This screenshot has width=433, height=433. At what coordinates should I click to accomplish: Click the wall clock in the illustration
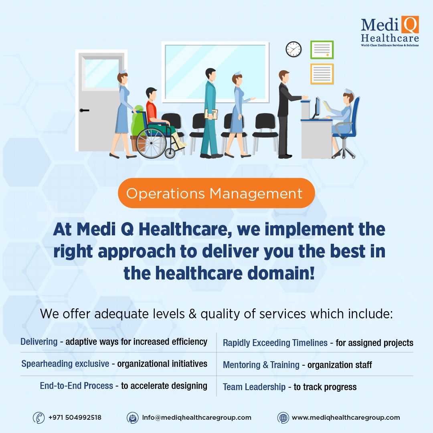pyautogui.click(x=293, y=49)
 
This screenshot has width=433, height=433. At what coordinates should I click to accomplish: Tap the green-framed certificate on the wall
pyautogui.click(x=322, y=50)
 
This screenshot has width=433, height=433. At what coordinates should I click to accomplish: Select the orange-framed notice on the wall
pyautogui.click(x=322, y=74)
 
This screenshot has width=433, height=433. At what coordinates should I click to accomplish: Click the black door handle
pyautogui.click(x=84, y=111)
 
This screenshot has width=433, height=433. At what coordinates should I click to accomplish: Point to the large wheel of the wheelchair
pyautogui.click(x=151, y=143)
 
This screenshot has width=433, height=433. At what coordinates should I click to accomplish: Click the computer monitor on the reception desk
pyautogui.click(x=317, y=108)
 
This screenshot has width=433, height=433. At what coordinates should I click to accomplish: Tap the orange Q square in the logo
pyautogui.click(x=410, y=24)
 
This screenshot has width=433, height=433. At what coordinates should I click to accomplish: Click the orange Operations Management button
pyautogui.click(x=216, y=193)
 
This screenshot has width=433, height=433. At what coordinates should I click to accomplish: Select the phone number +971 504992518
pyautogui.click(x=75, y=417)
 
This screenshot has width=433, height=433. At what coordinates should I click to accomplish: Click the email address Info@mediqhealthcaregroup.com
pyautogui.click(x=196, y=417)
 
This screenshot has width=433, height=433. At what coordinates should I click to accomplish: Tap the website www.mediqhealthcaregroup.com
pyautogui.click(x=346, y=417)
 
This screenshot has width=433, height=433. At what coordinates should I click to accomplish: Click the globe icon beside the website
pyautogui.click(x=283, y=418)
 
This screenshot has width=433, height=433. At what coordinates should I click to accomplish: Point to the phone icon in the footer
pyautogui.click(x=38, y=417)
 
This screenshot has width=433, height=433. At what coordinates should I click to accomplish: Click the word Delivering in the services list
pyautogui.click(x=39, y=342)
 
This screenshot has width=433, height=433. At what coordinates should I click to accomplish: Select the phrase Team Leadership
pyautogui.click(x=254, y=387)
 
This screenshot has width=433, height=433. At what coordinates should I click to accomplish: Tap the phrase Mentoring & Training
pyautogui.click(x=261, y=365)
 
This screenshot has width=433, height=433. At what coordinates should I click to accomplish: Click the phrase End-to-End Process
pyautogui.click(x=77, y=386)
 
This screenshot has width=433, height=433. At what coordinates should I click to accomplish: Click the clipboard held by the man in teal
pyautogui.click(x=211, y=114)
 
